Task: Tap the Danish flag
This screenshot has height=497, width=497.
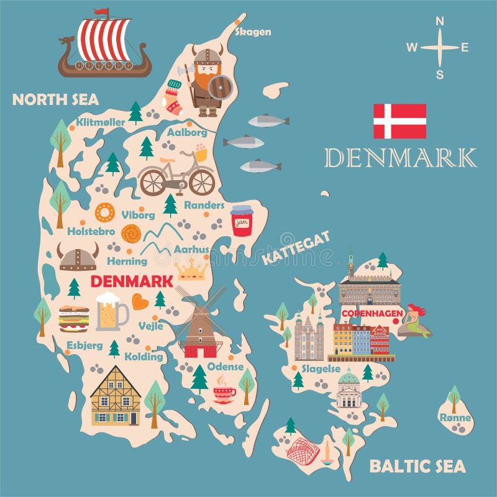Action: click(399, 121)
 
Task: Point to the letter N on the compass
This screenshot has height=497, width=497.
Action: click(440, 21)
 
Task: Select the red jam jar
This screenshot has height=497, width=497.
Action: click(242, 221)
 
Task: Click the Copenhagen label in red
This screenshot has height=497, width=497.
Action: click(372, 314)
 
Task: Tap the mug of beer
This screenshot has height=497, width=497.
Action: click(110, 311)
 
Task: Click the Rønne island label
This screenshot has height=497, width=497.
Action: click(455, 417)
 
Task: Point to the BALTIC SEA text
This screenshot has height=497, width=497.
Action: click(417, 466)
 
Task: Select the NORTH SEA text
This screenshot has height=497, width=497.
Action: click(55, 99)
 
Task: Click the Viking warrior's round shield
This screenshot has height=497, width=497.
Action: click(219, 88)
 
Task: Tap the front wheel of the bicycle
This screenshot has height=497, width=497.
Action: click(201, 181)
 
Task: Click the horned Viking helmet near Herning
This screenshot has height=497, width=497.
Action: click(78, 257)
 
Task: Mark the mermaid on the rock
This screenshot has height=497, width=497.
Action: click(415, 321)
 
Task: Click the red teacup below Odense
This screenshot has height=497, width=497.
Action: click(224, 393)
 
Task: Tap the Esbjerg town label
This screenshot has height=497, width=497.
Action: click(84, 344)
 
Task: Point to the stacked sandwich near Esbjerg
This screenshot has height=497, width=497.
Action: click(73, 319)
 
